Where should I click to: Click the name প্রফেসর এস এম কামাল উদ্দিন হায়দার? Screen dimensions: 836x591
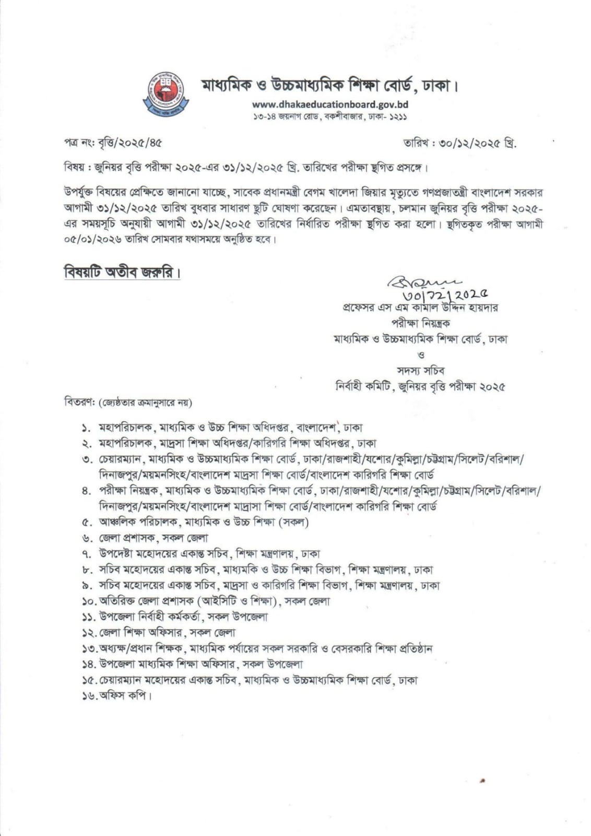[418, 307]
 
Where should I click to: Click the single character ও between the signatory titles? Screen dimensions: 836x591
[421, 355]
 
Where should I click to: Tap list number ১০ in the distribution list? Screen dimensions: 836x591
[89, 601]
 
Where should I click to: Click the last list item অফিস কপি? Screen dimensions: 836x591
[125, 696]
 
